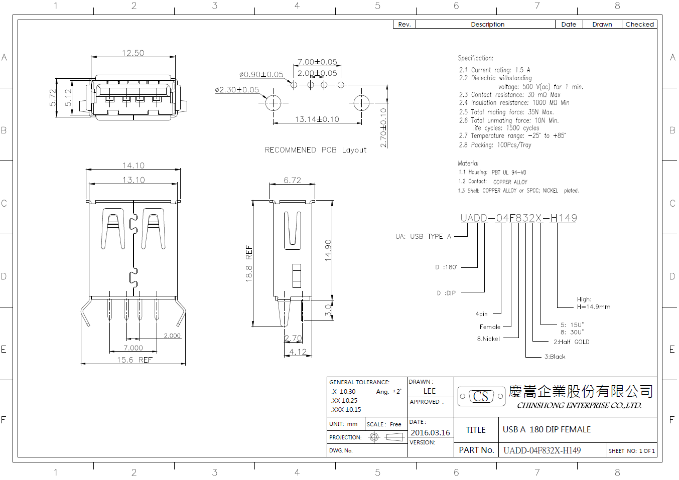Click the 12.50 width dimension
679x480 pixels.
(x=133, y=53)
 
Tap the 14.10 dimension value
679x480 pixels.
(x=133, y=166)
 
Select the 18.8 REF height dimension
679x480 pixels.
(x=249, y=264)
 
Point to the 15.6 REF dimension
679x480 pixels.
(x=134, y=360)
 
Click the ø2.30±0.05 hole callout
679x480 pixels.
(x=237, y=90)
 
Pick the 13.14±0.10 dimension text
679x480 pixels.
(x=317, y=119)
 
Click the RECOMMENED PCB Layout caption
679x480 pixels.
(x=316, y=150)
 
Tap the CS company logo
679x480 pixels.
(x=481, y=396)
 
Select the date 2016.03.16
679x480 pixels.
(x=430, y=432)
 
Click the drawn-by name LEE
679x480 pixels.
(x=430, y=391)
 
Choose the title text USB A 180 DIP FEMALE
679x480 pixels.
(x=547, y=429)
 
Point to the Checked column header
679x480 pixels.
(x=639, y=24)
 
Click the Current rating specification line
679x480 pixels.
(x=495, y=70)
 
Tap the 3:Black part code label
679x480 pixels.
(x=555, y=356)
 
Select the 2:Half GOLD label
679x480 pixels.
(x=572, y=342)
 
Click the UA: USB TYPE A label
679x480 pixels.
(x=423, y=236)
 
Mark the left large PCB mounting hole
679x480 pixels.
(x=273, y=103)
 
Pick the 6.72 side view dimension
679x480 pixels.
(x=292, y=180)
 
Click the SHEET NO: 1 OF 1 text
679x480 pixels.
(x=632, y=451)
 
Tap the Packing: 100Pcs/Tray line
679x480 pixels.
(x=495, y=145)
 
